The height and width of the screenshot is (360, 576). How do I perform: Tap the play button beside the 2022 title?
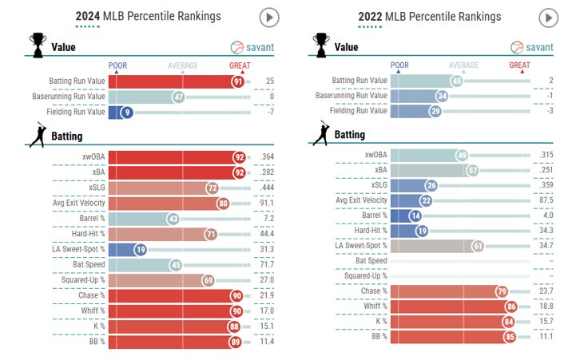[x=548, y=17]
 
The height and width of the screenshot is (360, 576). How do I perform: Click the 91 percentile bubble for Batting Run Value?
[x=238, y=81]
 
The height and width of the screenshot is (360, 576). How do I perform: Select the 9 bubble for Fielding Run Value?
[x=125, y=112]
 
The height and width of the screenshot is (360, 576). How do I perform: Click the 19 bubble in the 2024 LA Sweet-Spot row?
[x=141, y=249]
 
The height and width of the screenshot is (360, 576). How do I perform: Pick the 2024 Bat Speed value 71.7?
[x=268, y=264]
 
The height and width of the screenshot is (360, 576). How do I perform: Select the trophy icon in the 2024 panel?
[x=37, y=45]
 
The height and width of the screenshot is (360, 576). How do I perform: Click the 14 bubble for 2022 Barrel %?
[x=415, y=216]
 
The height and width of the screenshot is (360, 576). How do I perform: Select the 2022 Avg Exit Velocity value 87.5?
[x=546, y=200]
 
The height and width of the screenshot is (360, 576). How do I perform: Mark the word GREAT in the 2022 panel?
[x=519, y=65]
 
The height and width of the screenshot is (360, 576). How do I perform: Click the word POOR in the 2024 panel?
[x=117, y=65]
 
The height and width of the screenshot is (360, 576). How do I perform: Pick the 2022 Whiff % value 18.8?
[x=546, y=307]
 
